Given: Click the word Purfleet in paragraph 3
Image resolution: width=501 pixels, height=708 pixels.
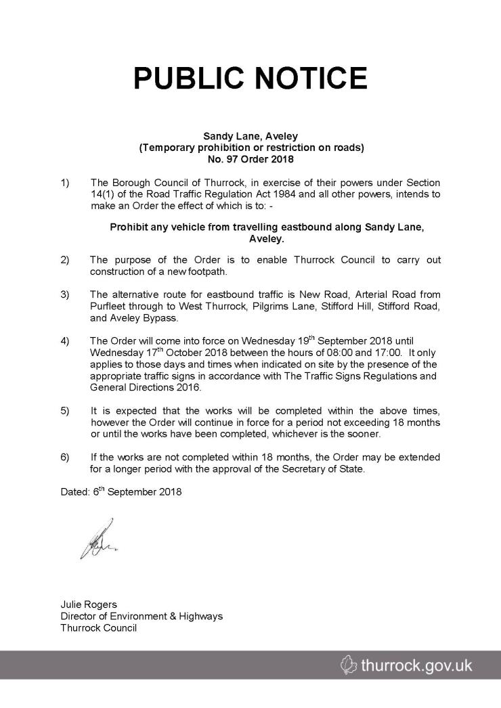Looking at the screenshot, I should pos(108,307).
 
